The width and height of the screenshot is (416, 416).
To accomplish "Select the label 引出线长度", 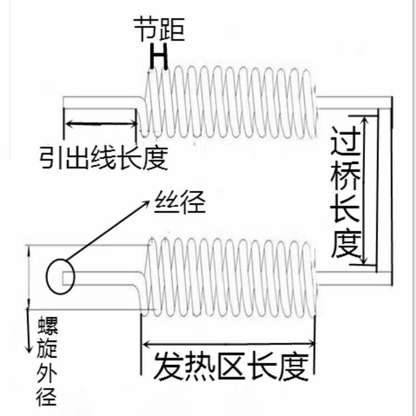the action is point(103,158).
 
